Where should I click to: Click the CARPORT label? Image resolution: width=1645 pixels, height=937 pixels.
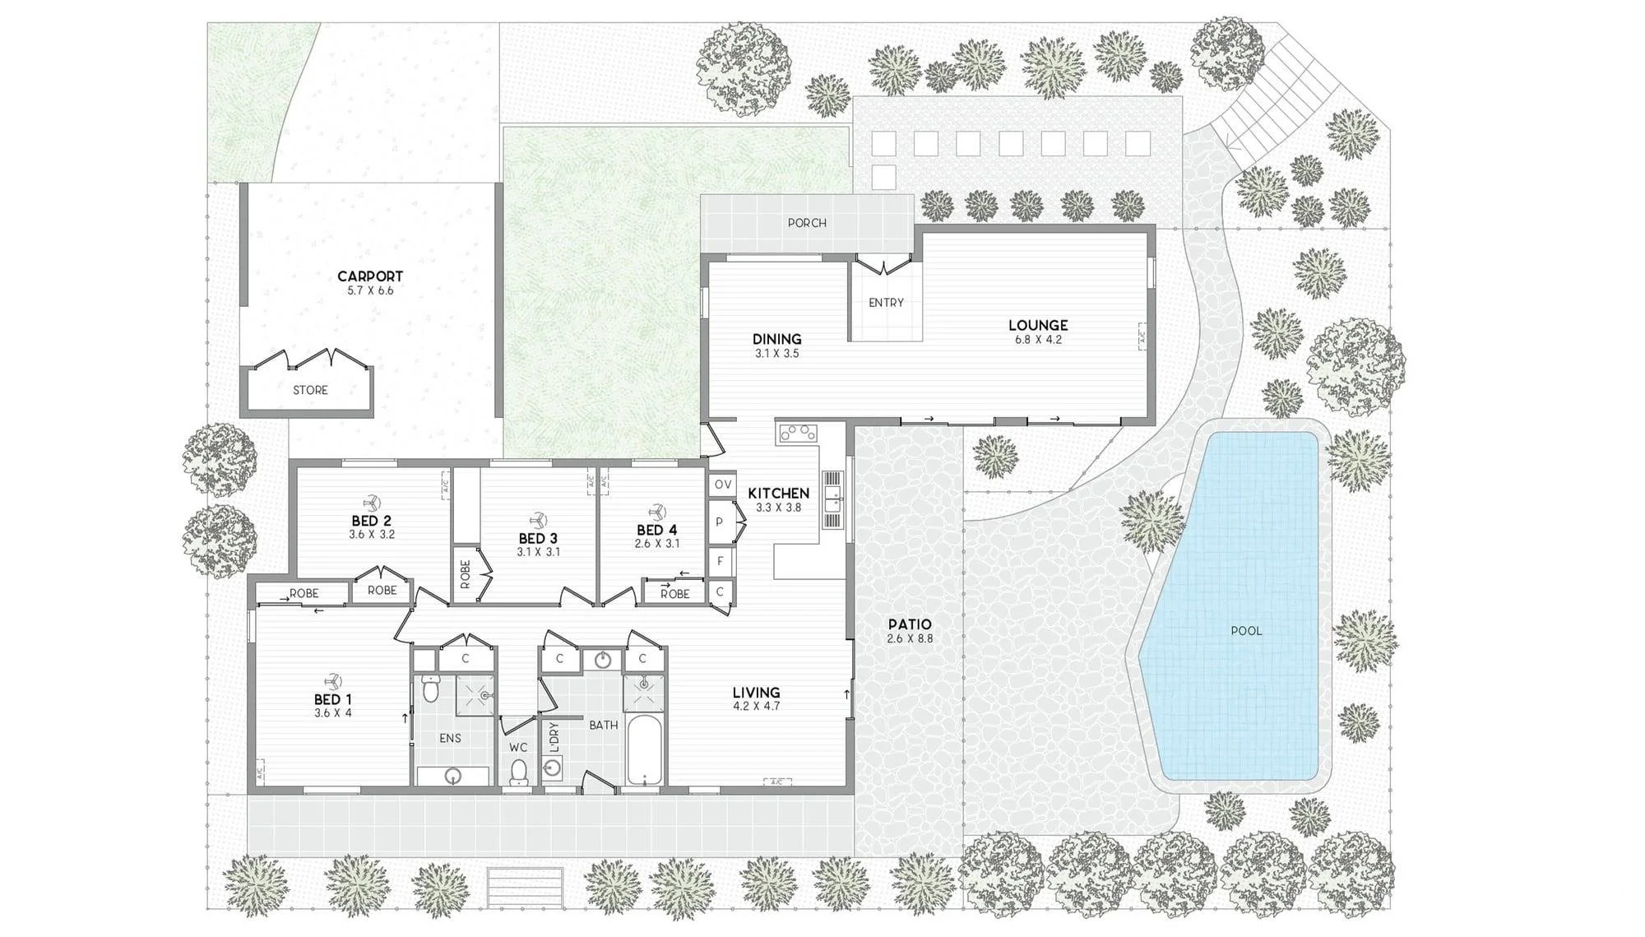370,276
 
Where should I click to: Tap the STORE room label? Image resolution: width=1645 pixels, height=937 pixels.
310,390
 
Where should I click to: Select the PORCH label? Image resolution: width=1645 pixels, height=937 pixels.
807,223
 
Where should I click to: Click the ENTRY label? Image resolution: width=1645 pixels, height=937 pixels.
886,303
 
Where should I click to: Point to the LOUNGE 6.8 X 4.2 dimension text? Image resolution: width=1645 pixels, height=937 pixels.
1038,340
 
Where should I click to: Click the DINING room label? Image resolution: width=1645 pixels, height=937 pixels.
776,339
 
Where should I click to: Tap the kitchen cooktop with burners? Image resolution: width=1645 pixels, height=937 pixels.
797,433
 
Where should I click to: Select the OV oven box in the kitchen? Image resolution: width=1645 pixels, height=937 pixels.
722,485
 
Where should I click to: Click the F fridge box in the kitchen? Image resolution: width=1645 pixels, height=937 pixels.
721,562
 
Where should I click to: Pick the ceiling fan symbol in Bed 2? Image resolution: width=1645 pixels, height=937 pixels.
369,503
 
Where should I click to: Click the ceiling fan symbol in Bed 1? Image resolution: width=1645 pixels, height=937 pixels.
333,681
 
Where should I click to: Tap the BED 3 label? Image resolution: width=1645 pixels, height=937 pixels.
538,538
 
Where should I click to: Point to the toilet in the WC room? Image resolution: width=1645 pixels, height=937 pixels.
518,772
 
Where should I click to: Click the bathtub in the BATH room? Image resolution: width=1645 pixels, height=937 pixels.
644,750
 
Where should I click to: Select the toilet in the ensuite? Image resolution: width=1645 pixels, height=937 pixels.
429,689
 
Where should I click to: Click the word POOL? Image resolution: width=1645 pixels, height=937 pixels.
1246,631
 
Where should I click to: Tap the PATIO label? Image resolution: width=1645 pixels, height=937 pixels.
910,624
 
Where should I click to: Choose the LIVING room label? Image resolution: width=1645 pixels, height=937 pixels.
757,693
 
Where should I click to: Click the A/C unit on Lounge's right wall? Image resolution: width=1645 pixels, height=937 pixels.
1142,334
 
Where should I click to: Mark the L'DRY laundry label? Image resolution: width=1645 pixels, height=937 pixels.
554,738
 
